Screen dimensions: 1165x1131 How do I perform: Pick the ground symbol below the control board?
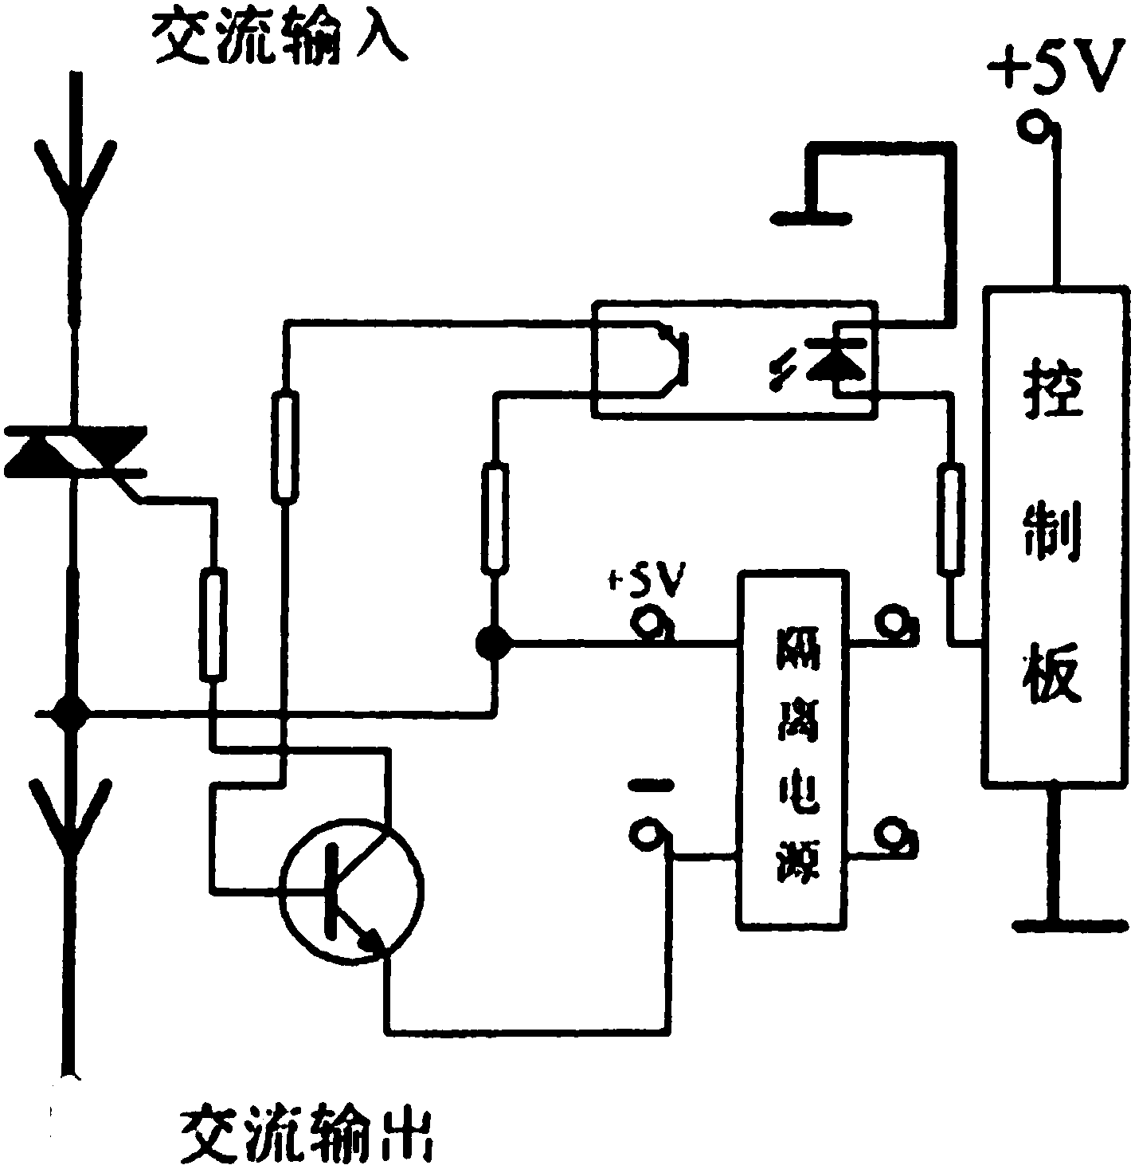pos(1068,924)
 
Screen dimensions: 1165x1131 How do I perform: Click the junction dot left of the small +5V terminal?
pos(495,641)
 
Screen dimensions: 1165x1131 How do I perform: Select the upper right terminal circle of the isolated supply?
pos(895,622)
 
